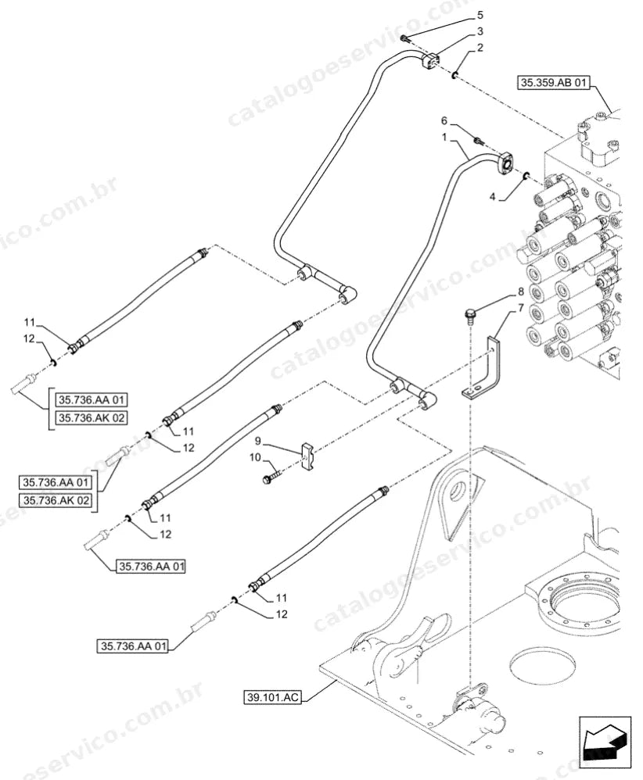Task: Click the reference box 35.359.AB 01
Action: (x=552, y=83)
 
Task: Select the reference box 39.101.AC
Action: (x=272, y=697)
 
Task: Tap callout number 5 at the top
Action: (x=480, y=15)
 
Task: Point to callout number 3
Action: (x=480, y=31)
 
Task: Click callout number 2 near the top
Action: (x=480, y=48)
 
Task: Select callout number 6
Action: (x=444, y=121)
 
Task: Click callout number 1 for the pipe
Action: (x=444, y=137)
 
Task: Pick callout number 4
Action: (x=493, y=197)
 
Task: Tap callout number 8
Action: (x=521, y=292)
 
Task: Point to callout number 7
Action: (x=521, y=308)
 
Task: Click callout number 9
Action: (x=258, y=441)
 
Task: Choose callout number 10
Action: (x=255, y=457)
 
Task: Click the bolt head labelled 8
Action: (x=469, y=315)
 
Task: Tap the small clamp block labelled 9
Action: (x=307, y=456)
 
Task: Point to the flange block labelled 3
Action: (x=431, y=62)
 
